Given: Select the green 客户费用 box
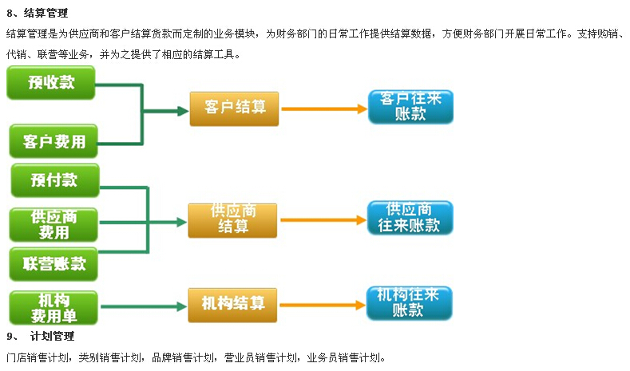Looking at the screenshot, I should click(x=53, y=141).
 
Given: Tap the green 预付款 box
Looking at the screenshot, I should click(x=54, y=180).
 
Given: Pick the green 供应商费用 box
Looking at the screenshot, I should click(x=53, y=224).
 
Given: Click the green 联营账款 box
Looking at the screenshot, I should click(x=54, y=264).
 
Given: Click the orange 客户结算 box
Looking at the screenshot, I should click(x=234, y=109).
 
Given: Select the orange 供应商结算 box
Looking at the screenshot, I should click(x=233, y=219).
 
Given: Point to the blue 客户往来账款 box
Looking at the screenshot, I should click(x=410, y=107).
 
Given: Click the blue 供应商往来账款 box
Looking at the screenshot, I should click(x=410, y=218).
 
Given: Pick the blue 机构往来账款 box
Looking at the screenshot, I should click(x=409, y=303).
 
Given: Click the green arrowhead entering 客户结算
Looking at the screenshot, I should click(x=183, y=110).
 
